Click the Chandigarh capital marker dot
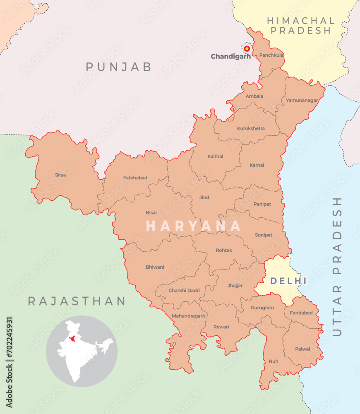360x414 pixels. coord(247,48)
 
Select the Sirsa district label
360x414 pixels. coord(60,175)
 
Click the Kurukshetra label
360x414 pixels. coord(251,128)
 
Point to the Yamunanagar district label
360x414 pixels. coord(302,100)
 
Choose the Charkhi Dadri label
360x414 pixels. coord(184,291)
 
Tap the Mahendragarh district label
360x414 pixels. coord(189,316)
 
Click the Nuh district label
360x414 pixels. coord(273,361)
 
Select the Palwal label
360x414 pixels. coord(302,349)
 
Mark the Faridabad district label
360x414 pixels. coord(301,313)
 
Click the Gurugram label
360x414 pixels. coord(263,308)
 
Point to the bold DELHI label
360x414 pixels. coord(288,281)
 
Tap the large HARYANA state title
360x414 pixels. coord(193,226)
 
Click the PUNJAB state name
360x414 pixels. coord(119,67)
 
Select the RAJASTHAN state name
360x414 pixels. coord(77,301)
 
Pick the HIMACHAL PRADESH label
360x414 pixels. coord(301,25)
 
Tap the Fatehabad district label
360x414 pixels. coord(135,178)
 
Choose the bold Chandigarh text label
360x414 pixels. coord(230,56)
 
